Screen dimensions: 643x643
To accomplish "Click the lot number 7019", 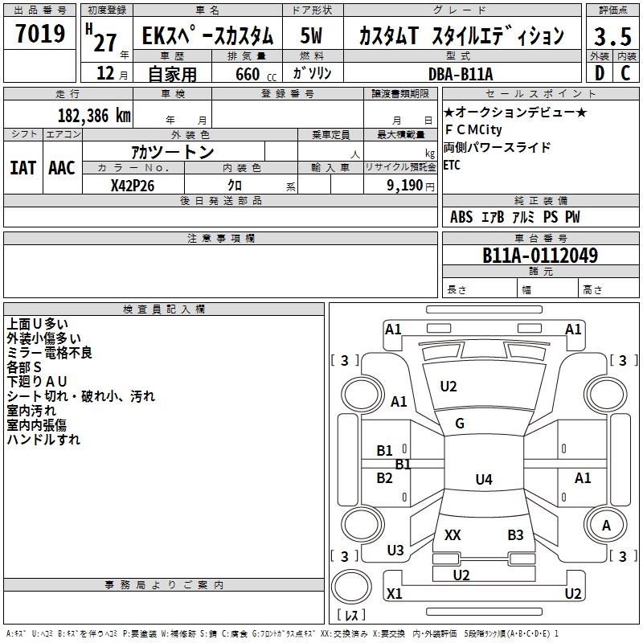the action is point(40,34).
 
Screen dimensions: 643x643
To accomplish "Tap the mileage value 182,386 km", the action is point(94,115).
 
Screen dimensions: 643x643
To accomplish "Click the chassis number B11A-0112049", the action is point(540,256).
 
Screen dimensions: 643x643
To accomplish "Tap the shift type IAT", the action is point(23,168).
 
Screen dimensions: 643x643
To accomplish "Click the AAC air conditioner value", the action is point(61,168).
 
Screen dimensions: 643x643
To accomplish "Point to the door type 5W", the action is point(311,36).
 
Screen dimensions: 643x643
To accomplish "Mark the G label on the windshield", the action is point(460,424).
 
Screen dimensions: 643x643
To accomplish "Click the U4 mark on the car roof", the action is point(483,480).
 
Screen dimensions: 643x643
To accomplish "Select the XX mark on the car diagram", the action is point(453,534).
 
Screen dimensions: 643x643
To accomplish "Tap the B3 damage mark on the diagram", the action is point(515,534).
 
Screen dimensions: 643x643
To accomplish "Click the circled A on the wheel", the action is point(606,525).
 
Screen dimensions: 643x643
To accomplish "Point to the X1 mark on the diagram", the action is point(395,594).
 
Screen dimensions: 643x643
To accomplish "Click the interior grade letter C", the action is point(626,73).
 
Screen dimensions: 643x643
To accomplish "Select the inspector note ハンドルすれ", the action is point(43,440).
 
